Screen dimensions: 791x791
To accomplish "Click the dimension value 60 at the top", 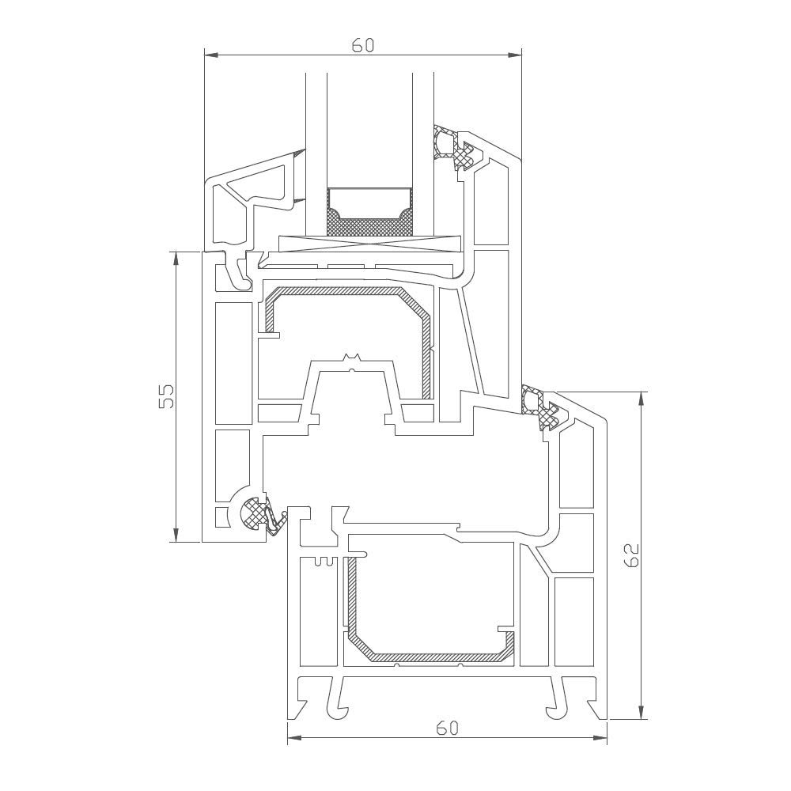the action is tap(362, 45).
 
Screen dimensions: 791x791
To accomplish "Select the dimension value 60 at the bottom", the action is tap(447, 728).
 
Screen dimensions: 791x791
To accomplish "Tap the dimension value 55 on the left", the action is tap(166, 396).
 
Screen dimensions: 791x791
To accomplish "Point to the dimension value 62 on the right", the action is tap(630, 555).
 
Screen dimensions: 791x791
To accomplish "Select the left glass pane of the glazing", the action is tap(315, 134).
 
